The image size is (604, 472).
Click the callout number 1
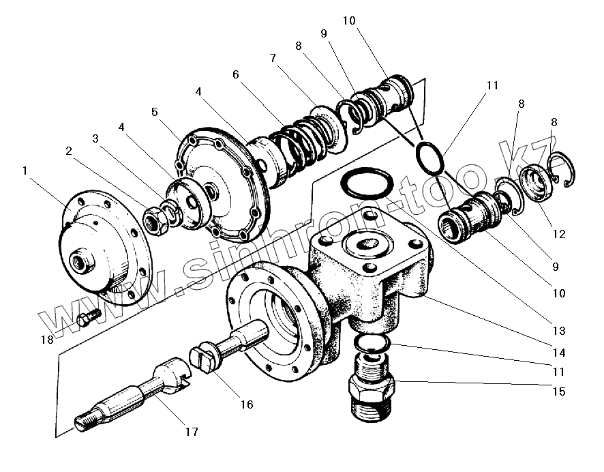tap(25, 171)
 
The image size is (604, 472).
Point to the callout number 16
tap(246, 404)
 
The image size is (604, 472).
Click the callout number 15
tap(559, 392)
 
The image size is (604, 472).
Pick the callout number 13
tap(559, 331)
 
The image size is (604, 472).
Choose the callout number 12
tap(559, 234)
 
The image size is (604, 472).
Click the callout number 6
tap(235, 74)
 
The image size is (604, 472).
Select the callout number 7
tap(273, 59)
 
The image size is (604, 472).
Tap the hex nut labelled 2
tap(154, 221)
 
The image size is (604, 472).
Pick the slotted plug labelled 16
tap(202, 357)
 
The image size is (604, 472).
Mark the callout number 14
tap(559, 353)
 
